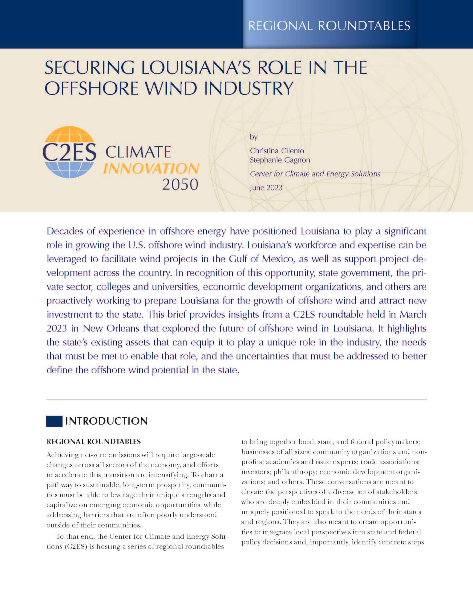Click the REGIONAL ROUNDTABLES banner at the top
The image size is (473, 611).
(x=329, y=26)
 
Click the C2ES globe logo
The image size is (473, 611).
(x=69, y=152)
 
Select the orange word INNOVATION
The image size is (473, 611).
(x=151, y=169)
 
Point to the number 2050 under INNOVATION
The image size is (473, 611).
(x=180, y=184)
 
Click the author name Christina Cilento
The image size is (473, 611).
(x=277, y=151)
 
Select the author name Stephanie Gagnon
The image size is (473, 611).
(x=280, y=160)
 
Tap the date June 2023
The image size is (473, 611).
(x=266, y=188)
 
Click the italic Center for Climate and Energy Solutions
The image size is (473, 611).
(x=315, y=174)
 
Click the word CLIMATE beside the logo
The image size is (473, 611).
(x=138, y=152)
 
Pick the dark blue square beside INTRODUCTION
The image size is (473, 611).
(x=54, y=421)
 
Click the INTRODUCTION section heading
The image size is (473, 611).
(x=106, y=421)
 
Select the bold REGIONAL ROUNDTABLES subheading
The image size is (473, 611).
(x=94, y=442)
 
